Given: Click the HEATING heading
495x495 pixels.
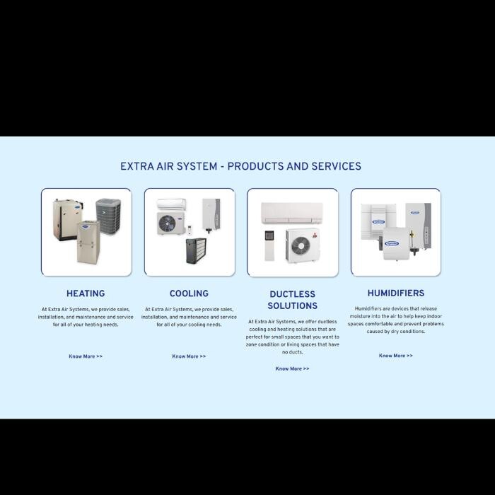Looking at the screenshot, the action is coord(86,293).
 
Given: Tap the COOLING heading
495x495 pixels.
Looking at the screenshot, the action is coord(189,293).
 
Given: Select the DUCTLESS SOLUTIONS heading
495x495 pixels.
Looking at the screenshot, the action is coord(292,300).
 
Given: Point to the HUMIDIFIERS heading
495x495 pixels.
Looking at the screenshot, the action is coord(396,293).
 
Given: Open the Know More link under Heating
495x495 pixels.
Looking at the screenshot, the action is coord(86,356).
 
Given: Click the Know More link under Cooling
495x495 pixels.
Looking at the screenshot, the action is coord(189,356).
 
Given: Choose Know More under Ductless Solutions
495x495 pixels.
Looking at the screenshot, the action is coord(292,368).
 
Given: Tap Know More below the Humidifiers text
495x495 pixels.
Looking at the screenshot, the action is coord(396,356).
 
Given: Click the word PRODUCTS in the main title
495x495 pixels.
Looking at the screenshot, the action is coord(255,166).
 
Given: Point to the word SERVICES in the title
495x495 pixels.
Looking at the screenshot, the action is coord(336,166).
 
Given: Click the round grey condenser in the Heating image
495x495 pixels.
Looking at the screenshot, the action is coord(108,216).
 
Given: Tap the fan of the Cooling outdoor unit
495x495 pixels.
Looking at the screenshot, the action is coord(167,224).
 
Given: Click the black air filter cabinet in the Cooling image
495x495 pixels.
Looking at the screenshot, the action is coord(196,251).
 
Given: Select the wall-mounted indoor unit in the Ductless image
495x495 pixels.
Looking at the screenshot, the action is coord(292,213).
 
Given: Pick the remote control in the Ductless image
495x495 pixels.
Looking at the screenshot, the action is coord(269,245).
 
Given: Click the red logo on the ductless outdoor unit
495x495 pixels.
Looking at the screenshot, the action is coord(315,235).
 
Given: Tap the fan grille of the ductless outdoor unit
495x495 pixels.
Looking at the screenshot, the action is coord(301,245).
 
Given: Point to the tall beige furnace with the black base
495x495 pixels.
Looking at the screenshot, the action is coord(68,219).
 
